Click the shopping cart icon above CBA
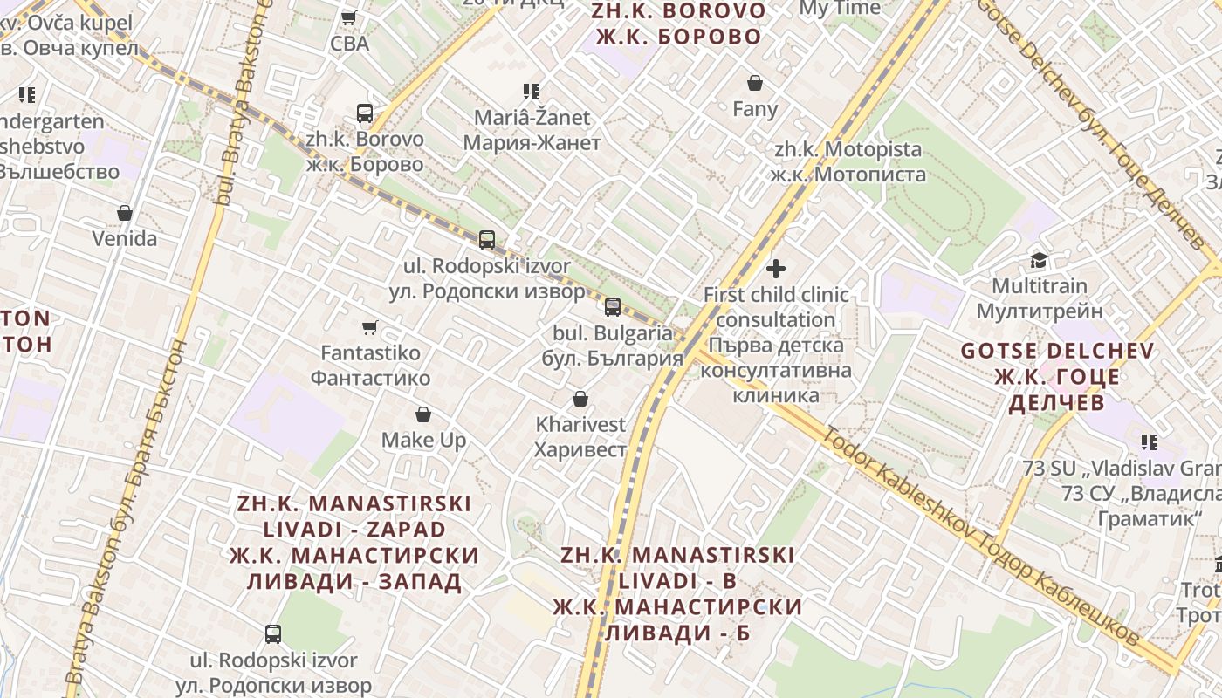point(348,17)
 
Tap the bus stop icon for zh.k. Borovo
point(365,113)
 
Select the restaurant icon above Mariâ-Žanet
point(532,91)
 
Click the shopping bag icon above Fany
point(755,83)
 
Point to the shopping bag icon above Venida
point(125,213)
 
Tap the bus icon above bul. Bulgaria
point(613,306)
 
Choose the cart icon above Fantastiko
point(370,327)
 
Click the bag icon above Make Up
point(423,414)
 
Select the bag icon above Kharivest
point(580,399)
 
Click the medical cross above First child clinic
point(776,268)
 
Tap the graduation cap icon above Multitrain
point(1039,259)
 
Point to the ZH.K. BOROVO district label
point(678,24)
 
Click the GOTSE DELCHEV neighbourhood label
point(1057,376)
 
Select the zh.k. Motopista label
point(848,161)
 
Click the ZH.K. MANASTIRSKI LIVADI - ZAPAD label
point(354,542)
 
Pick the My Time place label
point(840,8)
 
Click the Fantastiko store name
point(370,366)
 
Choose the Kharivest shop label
point(580,436)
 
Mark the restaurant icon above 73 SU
point(1150,441)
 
